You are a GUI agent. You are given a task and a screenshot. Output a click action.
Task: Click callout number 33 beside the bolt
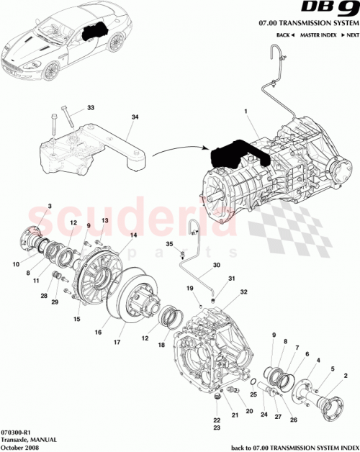pyautogui.click(x=90, y=108)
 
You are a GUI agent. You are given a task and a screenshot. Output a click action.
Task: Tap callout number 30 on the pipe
pyautogui.click(x=216, y=264)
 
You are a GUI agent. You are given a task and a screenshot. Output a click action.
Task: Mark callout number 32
pyautogui.click(x=244, y=292)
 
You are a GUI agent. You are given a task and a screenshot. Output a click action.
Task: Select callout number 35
pyautogui.click(x=171, y=245)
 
